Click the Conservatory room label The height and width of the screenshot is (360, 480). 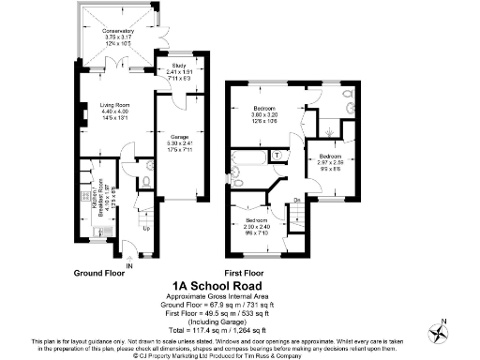pyautogui.click(x=119, y=31)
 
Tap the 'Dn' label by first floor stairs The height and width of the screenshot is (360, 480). pyautogui.click(x=297, y=199)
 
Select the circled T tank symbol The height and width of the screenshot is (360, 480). pyautogui.click(x=277, y=154)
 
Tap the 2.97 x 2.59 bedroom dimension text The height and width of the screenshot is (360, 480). pyautogui.click(x=330, y=161)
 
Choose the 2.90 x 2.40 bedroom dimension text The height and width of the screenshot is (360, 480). pyautogui.click(x=256, y=226)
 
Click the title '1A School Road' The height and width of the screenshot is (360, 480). pyautogui.click(x=217, y=285)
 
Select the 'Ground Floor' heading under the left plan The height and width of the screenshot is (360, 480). pyautogui.click(x=105, y=273)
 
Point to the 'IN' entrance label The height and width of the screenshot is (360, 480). pyautogui.click(x=128, y=266)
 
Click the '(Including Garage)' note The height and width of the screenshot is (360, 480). pyautogui.click(x=217, y=321)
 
